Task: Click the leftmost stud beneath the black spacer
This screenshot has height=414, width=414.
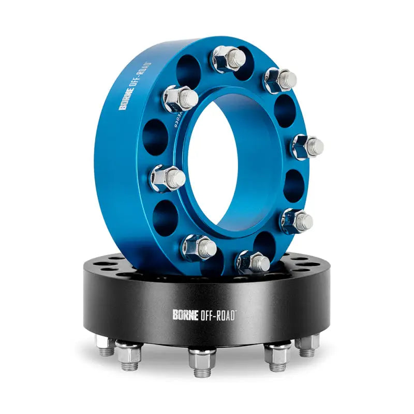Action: point(106,346)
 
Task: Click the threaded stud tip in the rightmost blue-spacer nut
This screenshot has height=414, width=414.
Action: point(314,147)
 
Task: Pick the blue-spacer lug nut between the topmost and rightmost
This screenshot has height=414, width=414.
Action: point(279,80)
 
